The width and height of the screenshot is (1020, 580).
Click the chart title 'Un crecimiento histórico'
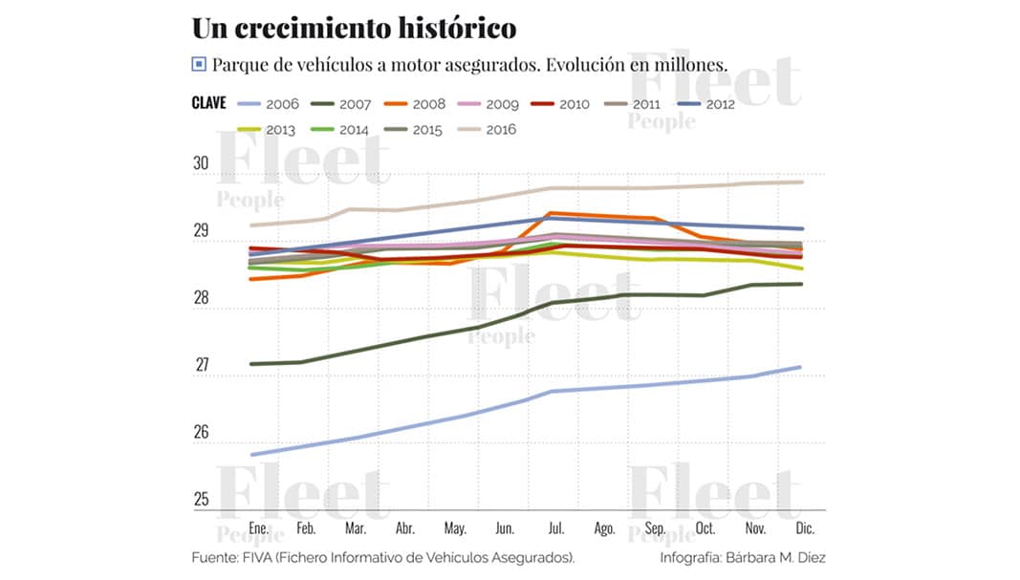[354, 28]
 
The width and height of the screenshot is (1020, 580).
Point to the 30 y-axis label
[200, 163]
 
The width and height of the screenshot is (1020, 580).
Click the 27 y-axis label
[201, 365]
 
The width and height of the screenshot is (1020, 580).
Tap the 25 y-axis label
[201, 499]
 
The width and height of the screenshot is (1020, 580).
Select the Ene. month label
[258, 527]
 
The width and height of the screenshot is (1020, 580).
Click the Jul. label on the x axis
[554, 527]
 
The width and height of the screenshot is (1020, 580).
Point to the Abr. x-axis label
[405, 527]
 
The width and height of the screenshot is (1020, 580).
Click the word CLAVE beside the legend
[208, 103]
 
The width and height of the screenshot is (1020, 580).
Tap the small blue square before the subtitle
[198, 65]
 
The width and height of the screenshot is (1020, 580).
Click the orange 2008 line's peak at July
[552, 213]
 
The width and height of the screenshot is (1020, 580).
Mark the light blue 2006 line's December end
[800, 367]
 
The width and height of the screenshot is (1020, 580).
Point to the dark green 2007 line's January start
[250, 364]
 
